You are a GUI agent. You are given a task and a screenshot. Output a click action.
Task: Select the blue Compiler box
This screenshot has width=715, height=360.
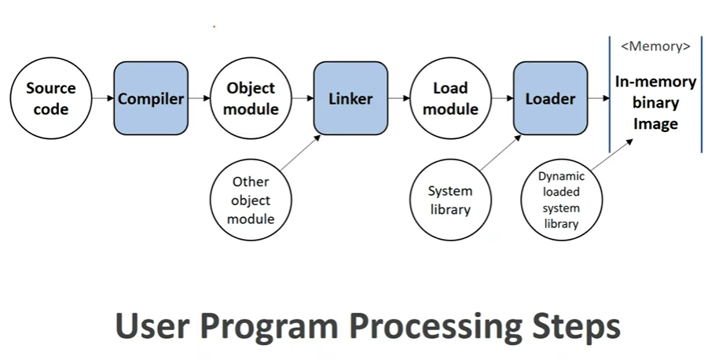click(151, 98)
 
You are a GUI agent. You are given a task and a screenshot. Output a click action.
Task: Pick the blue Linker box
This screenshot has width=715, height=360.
click(350, 98)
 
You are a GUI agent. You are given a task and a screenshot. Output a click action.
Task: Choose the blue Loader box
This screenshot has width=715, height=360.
click(550, 98)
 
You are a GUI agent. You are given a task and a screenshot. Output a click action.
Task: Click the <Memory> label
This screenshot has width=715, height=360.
click(656, 46)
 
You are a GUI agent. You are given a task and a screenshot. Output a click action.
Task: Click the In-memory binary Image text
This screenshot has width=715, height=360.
click(656, 103)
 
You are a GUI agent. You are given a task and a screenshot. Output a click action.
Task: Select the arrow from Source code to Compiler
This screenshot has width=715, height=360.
click(103, 98)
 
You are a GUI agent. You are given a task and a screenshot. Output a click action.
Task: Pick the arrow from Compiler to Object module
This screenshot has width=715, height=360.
click(200, 98)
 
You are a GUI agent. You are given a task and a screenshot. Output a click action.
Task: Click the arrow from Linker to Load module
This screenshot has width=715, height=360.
click(399, 98)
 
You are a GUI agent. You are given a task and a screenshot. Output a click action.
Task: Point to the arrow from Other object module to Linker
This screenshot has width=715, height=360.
click(300, 152)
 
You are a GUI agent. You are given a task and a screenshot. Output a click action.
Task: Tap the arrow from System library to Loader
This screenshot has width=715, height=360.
click(500, 152)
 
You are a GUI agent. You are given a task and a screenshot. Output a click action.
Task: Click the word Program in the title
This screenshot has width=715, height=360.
click(269, 327)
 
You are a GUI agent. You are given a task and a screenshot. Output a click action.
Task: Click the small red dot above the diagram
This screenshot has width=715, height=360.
click(214, 27)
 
